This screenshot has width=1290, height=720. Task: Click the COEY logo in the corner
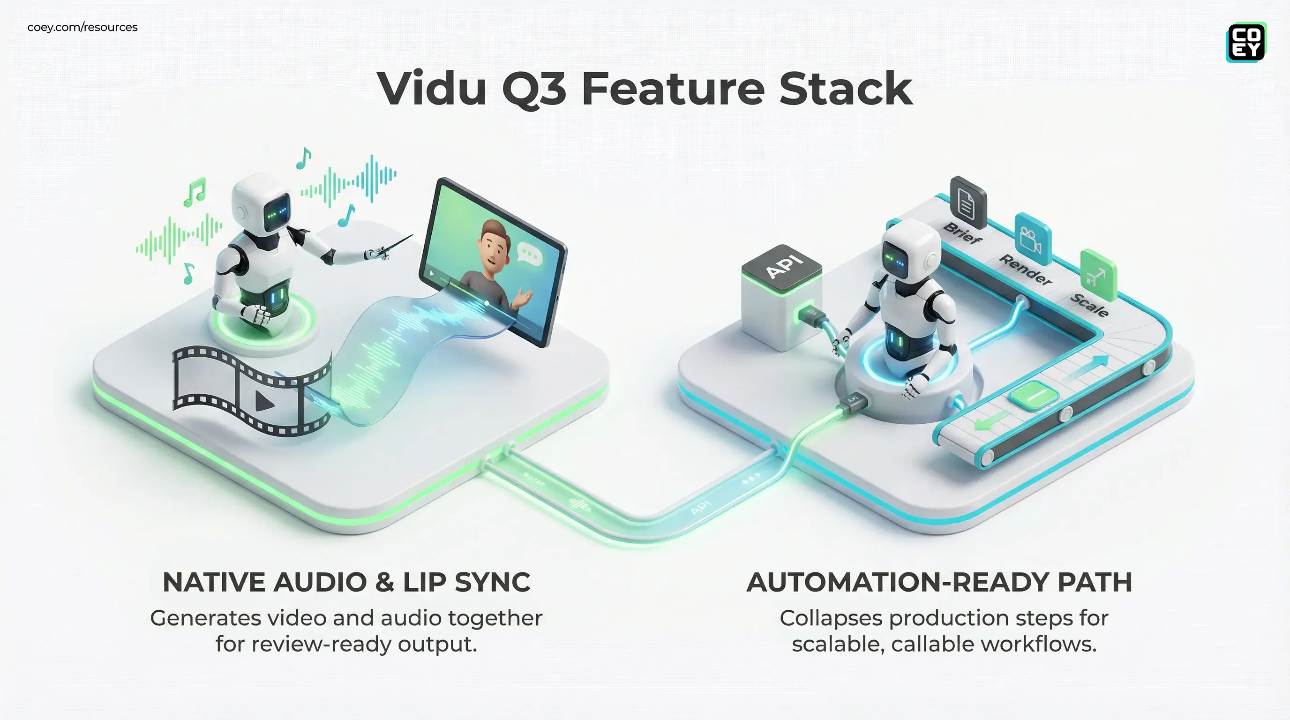[1246, 42]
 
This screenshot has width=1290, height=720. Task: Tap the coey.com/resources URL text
[82, 27]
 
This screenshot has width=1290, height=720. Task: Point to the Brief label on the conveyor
[961, 233]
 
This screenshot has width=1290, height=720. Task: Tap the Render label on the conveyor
[1025, 270]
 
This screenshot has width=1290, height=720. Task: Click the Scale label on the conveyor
[1089, 304]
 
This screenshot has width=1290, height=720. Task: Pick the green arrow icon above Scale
[1098, 275]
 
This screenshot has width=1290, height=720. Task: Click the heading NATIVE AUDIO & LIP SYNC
[346, 582]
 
